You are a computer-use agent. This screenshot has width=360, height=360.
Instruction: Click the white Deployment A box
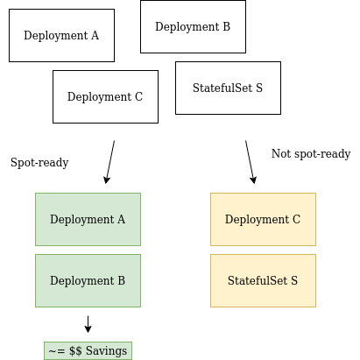[61, 35]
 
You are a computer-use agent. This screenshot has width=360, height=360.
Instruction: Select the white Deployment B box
[193, 26]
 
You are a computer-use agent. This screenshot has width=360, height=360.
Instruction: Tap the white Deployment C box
[105, 96]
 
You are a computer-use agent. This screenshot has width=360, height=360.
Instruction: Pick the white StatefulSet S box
[228, 88]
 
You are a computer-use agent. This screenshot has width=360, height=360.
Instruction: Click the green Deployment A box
[88, 219]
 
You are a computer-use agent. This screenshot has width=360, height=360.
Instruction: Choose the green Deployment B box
[88, 280]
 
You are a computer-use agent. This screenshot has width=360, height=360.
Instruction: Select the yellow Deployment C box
[263, 219]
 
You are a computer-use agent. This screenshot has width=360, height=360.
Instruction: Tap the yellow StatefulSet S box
[263, 280]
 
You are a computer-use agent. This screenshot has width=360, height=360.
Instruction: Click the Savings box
[88, 350]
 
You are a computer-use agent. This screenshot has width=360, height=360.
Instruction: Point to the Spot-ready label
[39, 163]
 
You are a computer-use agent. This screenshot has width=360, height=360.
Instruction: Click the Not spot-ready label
[311, 154]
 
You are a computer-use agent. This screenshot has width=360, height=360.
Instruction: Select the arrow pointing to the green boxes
[110, 162]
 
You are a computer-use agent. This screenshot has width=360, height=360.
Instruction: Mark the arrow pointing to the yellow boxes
[250, 162]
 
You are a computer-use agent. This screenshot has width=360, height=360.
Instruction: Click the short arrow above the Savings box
[88, 324]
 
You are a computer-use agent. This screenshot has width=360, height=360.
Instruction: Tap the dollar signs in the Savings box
[75, 350]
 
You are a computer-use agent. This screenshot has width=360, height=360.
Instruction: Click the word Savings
[106, 351]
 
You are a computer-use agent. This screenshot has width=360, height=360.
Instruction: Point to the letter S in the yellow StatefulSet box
[294, 280]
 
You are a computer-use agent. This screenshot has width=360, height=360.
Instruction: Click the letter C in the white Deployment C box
[138, 96]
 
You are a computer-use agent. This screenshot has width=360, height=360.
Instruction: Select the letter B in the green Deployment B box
[122, 280]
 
